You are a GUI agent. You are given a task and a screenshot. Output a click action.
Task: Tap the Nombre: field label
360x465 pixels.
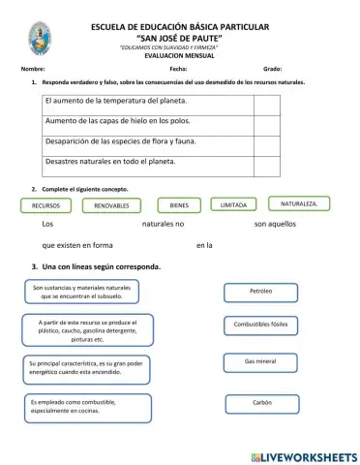click(x=32, y=70)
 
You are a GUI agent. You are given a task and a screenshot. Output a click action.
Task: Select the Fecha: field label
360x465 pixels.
click(x=178, y=70)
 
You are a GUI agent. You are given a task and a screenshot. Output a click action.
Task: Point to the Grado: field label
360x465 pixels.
click(x=272, y=70)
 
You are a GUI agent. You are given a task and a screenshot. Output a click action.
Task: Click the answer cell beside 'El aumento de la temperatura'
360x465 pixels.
click(x=267, y=103)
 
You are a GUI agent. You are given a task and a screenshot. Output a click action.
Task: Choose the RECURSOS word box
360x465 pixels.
click(x=46, y=206)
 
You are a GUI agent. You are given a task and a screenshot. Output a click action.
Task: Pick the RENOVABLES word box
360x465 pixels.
click(x=112, y=206)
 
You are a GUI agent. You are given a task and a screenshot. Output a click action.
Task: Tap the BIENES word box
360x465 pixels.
click(x=179, y=205)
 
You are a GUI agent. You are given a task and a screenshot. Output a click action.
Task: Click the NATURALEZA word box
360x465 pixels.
click(x=305, y=203)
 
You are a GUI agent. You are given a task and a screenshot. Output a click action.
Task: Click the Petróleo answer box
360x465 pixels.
click(x=260, y=291)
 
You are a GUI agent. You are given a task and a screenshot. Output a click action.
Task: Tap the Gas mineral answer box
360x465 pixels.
click(x=260, y=361)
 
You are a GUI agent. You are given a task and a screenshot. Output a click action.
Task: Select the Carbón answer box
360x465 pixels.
click(x=261, y=402)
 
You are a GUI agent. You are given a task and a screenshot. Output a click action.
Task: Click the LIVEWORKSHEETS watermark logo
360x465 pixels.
click(x=302, y=455)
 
